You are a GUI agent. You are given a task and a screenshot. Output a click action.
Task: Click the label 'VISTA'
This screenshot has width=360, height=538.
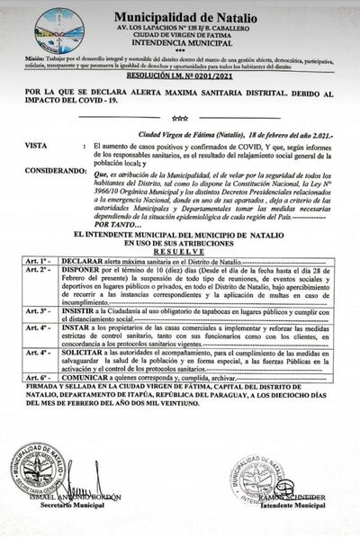pos(35,144)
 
